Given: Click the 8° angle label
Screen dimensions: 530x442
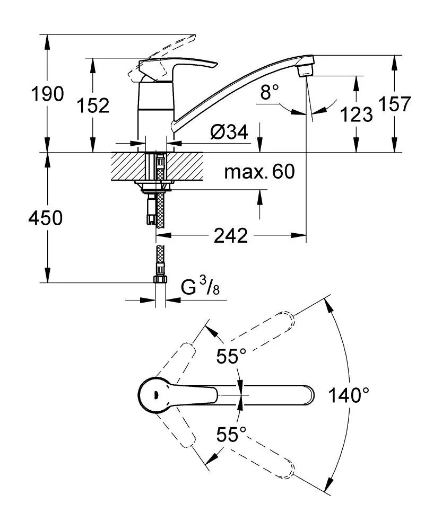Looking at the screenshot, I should [x=270, y=93].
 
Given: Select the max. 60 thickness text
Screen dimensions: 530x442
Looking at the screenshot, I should [x=259, y=172].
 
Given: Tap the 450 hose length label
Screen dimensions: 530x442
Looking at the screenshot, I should [x=45, y=217].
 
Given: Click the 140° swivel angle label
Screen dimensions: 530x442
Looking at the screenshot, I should [x=348, y=395].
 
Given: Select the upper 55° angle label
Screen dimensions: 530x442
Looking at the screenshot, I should [x=231, y=357].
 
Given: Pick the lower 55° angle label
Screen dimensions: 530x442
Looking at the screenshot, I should [x=231, y=435].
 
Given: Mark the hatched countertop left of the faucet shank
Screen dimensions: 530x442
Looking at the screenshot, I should [x=127, y=167].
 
